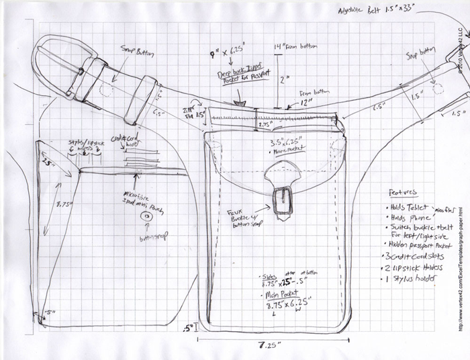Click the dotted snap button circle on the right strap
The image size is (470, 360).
tap(438, 88)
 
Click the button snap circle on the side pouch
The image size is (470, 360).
tap(145, 218)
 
